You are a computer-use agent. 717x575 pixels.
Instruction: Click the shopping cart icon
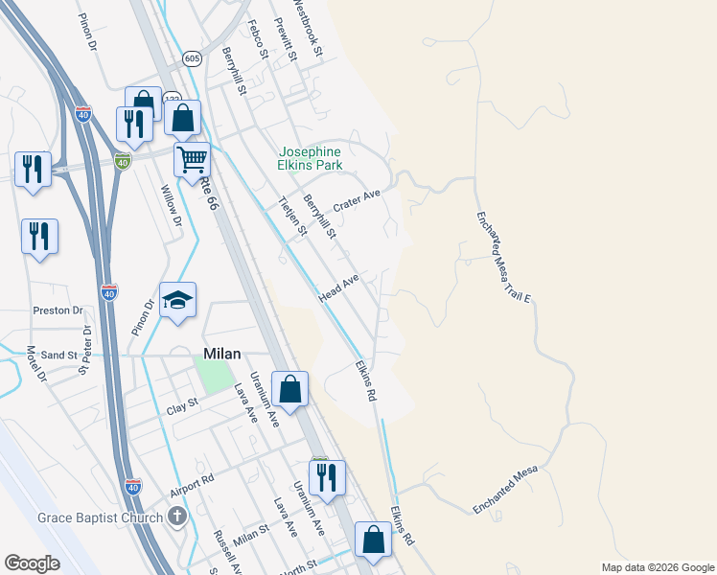point(193,160)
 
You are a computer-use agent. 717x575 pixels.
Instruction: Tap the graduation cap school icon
point(177,300)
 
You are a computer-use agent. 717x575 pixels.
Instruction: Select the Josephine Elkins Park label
point(310,159)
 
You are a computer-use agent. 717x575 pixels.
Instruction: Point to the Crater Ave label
point(357,202)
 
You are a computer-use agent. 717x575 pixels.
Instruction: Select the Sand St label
point(58,356)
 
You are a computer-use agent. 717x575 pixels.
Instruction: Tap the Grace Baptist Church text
point(101,518)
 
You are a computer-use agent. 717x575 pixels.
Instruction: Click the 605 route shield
point(193,57)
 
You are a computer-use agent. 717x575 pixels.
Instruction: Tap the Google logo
point(33,563)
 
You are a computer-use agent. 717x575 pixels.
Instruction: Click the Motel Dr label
point(36,364)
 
